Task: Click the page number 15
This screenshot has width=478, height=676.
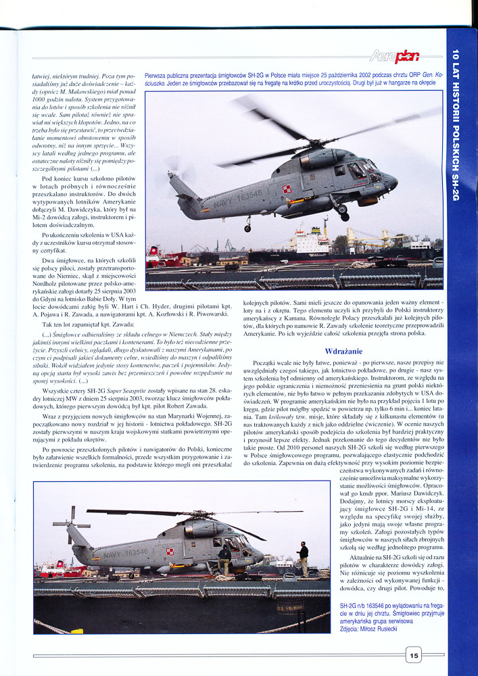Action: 413,654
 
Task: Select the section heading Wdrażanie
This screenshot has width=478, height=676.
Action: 344,352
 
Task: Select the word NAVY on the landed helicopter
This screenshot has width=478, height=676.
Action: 95,554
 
